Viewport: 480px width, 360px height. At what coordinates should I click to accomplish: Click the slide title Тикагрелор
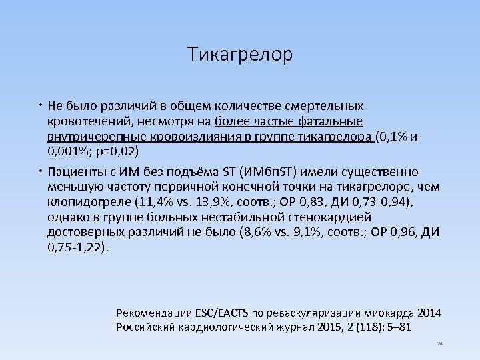(x=240, y=54)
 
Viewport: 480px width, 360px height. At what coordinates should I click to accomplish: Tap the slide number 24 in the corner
(x=439, y=344)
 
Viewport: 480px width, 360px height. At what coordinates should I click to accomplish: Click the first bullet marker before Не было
(x=41, y=106)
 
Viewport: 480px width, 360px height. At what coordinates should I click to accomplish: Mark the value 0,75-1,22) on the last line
(x=77, y=247)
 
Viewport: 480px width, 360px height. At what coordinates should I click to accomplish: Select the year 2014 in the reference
(x=429, y=313)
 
